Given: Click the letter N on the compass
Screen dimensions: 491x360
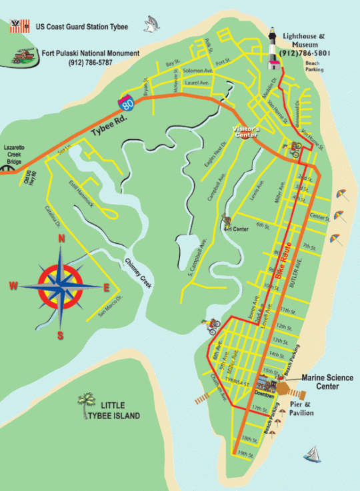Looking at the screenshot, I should [x=61, y=239].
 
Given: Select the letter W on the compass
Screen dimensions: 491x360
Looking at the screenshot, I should [x=13, y=286].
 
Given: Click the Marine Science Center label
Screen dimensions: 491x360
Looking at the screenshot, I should [x=327, y=382].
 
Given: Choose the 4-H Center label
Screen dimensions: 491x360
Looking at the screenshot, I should [x=236, y=229].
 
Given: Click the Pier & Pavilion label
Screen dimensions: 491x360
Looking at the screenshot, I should [x=301, y=408].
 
